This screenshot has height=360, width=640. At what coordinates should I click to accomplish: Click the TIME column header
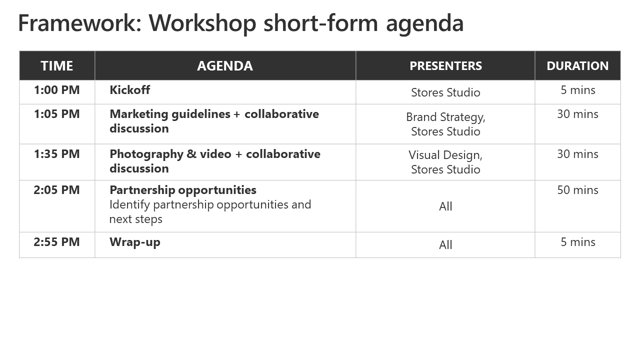pyautogui.click(x=57, y=66)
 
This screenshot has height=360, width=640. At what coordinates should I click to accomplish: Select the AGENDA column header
pyautogui.click(x=225, y=66)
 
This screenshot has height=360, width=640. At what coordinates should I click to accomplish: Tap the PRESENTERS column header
pyautogui.click(x=445, y=66)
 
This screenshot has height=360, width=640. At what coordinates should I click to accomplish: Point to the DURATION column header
pyautogui.click(x=577, y=66)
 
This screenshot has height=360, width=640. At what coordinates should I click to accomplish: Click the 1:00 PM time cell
pyautogui.click(x=57, y=90)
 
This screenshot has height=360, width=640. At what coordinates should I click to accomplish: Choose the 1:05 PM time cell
pyautogui.click(x=57, y=114)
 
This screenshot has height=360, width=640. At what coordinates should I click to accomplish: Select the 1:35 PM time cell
pyautogui.click(x=57, y=154)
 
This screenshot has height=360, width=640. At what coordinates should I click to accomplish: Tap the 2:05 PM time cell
pyautogui.click(x=56, y=190)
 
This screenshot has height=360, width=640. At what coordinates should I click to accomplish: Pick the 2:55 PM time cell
pyautogui.click(x=56, y=242)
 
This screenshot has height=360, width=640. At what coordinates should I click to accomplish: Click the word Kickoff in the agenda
pyautogui.click(x=129, y=90)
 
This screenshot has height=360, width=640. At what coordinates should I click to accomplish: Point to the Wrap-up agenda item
pyautogui.click(x=135, y=242)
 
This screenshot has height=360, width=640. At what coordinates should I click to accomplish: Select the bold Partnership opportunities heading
pyautogui.click(x=183, y=190)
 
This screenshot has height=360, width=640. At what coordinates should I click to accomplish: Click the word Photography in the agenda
pyautogui.click(x=146, y=154)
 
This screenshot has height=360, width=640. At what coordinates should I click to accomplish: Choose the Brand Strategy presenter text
pyautogui.click(x=445, y=117)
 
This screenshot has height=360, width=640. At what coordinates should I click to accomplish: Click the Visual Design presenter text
pyautogui.click(x=445, y=155)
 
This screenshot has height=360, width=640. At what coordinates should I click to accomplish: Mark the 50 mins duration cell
pyautogui.click(x=577, y=190)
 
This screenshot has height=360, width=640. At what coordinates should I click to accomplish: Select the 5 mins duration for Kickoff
pyautogui.click(x=577, y=90)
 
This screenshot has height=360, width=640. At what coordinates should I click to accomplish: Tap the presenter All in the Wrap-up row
pyautogui.click(x=445, y=245)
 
